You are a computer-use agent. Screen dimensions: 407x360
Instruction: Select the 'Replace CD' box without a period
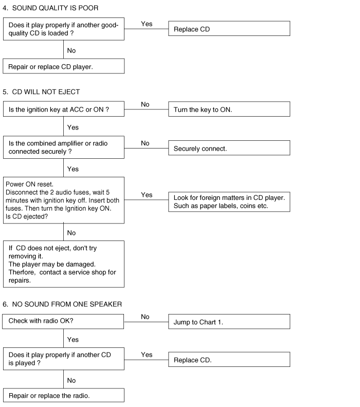click(229, 29)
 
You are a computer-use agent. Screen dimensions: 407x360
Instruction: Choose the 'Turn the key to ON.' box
click(229, 109)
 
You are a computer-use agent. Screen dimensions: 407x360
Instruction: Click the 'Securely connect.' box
click(229, 149)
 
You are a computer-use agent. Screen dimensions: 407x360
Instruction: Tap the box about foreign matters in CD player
click(229, 201)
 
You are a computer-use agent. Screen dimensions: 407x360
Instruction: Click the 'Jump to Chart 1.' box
click(229, 322)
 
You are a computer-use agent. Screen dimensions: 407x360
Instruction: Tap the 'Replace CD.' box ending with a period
click(229, 360)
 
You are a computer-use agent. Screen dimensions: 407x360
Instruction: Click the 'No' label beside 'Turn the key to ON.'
click(145, 104)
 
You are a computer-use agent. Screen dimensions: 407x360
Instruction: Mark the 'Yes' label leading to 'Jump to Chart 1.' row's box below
click(73, 340)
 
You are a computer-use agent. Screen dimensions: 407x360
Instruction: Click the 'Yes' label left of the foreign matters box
click(147, 195)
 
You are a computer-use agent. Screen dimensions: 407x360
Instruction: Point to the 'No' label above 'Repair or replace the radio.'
click(71, 380)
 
